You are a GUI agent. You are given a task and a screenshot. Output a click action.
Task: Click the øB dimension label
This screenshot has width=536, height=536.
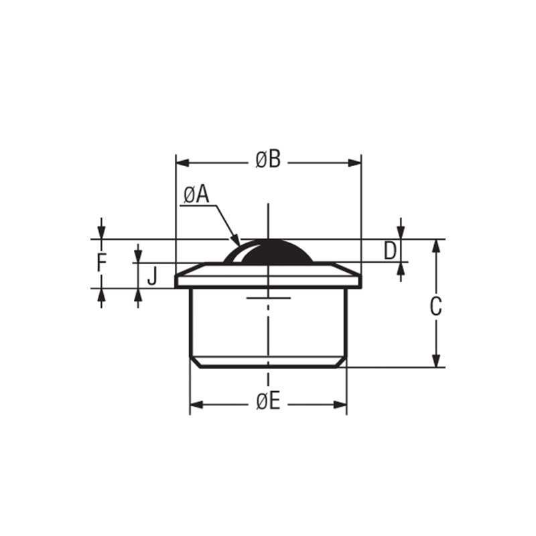[x=268, y=161]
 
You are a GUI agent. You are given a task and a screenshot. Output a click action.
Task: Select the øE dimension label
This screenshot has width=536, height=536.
[x=268, y=402]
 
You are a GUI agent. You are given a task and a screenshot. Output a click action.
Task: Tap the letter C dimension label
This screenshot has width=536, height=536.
[x=435, y=307]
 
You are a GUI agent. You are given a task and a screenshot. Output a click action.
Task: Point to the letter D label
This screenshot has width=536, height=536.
[x=391, y=251]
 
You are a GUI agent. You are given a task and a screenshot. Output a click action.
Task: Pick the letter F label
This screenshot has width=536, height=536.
[x=101, y=263]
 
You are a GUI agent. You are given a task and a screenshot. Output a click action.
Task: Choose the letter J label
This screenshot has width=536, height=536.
[x=152, y=275]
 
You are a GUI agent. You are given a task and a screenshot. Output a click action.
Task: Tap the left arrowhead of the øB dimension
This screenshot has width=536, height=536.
[x=181, y=161]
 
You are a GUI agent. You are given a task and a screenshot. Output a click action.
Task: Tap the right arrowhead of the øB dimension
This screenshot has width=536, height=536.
[x=356, y=161]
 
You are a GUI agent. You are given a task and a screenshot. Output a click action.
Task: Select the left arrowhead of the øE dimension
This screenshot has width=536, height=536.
[x=196, y=404]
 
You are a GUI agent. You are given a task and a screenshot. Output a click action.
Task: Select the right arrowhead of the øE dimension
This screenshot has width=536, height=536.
[x=341, y=404]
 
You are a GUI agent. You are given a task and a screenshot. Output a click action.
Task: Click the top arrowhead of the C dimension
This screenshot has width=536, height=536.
[x=436, y=245]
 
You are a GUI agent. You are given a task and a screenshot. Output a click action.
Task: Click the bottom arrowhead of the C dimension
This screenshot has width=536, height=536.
[x=436, y=361]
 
